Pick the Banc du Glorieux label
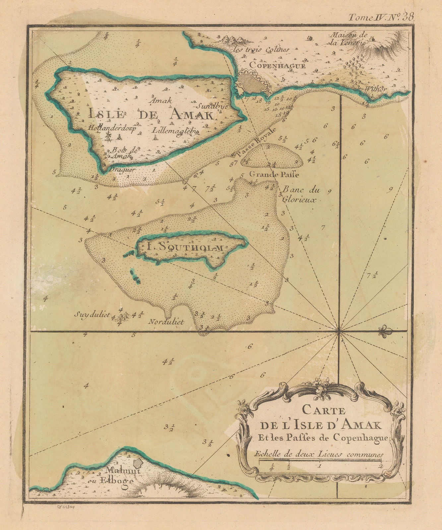tap(300, 195)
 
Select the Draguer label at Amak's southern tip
tap(118, 170)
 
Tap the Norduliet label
tap(166, 322)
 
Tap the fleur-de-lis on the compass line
tap(385, 331)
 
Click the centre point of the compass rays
tap(339, 331)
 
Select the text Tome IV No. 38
tap(381, 17)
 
